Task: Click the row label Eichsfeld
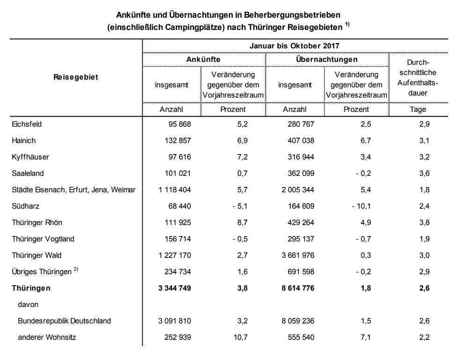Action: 27,124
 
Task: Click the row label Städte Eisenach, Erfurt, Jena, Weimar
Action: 74,190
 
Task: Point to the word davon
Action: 28,304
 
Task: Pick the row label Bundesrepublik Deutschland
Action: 64,321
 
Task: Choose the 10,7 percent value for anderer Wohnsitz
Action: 232,337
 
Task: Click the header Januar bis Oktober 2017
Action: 295,46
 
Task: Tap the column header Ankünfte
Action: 203,60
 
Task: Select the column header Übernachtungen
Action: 327,60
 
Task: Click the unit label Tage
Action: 418,110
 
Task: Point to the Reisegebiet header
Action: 76,77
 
